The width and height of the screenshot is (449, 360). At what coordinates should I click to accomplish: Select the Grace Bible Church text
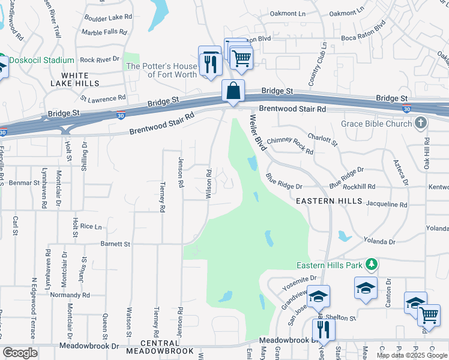[x=376, y=124]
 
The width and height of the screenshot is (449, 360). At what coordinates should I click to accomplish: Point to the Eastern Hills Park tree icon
[x=372, y=265]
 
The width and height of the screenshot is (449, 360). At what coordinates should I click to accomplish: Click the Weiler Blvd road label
[x=258, y=133]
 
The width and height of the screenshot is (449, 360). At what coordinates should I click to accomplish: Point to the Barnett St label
[x=115, y=244]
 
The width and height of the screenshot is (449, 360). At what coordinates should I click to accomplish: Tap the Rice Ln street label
[x=91, y=226]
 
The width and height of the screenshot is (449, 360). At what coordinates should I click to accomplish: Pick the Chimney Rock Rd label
[x=291, y=145]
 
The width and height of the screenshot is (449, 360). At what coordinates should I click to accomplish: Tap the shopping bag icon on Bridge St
[x=233, y=91]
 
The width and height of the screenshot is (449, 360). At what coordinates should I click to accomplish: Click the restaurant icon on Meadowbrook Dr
[x=323, y=329]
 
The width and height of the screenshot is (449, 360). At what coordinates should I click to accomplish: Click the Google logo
[x=20, y=353]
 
